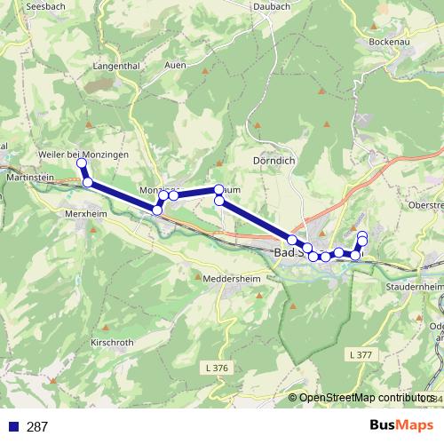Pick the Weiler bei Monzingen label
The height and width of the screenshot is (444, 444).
[x=85, y=155]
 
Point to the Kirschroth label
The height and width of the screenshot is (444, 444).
[x=112, y=342]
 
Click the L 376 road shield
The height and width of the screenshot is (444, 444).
[x=215, y=344]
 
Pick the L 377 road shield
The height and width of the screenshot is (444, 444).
[x=359, y=329]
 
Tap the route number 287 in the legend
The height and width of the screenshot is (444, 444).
[x=37, y=427]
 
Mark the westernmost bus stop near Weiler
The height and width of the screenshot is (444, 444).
[x=81, y=163]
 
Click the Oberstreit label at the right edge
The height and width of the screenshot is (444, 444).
[x=425, y=205]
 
